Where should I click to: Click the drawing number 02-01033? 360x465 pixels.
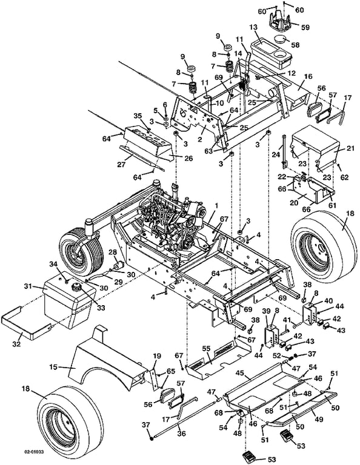[33, 452]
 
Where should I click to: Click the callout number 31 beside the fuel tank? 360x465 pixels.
[28, 286]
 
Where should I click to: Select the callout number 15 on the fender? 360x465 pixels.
[54, 368]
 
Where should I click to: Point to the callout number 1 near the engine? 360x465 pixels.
[216, 205]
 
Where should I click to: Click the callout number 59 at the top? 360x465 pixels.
[305, 27]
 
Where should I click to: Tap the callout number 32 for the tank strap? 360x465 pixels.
[16, 344]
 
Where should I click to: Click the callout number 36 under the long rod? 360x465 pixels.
[181, 434]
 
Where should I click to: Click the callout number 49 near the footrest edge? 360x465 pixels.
[319, 420]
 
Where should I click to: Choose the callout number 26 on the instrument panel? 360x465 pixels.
[188, 159]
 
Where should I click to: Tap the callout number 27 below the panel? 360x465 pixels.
[121, 164]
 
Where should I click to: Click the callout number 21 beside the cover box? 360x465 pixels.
[350, 148]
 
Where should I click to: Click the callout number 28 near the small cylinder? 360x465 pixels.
[113, 252]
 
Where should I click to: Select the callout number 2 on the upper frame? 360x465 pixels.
[200, 139]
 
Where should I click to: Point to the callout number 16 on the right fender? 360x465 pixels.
[308, 76]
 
